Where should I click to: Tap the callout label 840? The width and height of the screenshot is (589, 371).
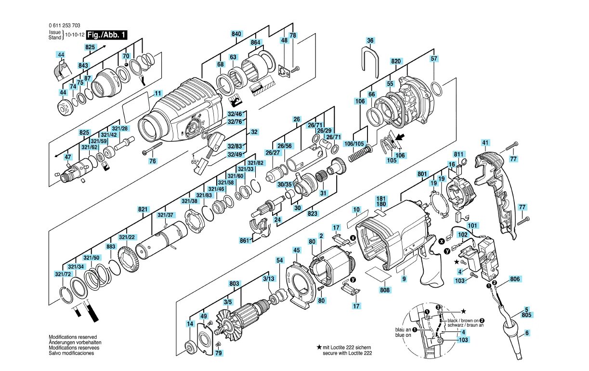point(236,34)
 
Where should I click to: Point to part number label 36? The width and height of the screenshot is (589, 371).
point(370,40)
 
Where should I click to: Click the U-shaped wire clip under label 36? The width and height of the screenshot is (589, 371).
point(369,60)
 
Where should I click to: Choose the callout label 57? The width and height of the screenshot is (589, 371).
point(434,58)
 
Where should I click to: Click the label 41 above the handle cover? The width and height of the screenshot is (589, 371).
point(485,142)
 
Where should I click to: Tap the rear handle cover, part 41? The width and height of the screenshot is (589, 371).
point(496,193)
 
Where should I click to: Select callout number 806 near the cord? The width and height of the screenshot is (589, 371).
point(515,278)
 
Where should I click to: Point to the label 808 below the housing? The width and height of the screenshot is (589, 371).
point(385,290)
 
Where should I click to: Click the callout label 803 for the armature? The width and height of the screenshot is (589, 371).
point(235,284)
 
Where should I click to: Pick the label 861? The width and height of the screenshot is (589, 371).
point(245,240)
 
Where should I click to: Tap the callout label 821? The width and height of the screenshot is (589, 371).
point(143,209)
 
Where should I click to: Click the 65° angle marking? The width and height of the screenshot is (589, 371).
point(195,162)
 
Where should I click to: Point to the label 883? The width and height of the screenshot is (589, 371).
point(111,246)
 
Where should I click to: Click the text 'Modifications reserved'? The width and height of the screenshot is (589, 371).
point(73,337)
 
